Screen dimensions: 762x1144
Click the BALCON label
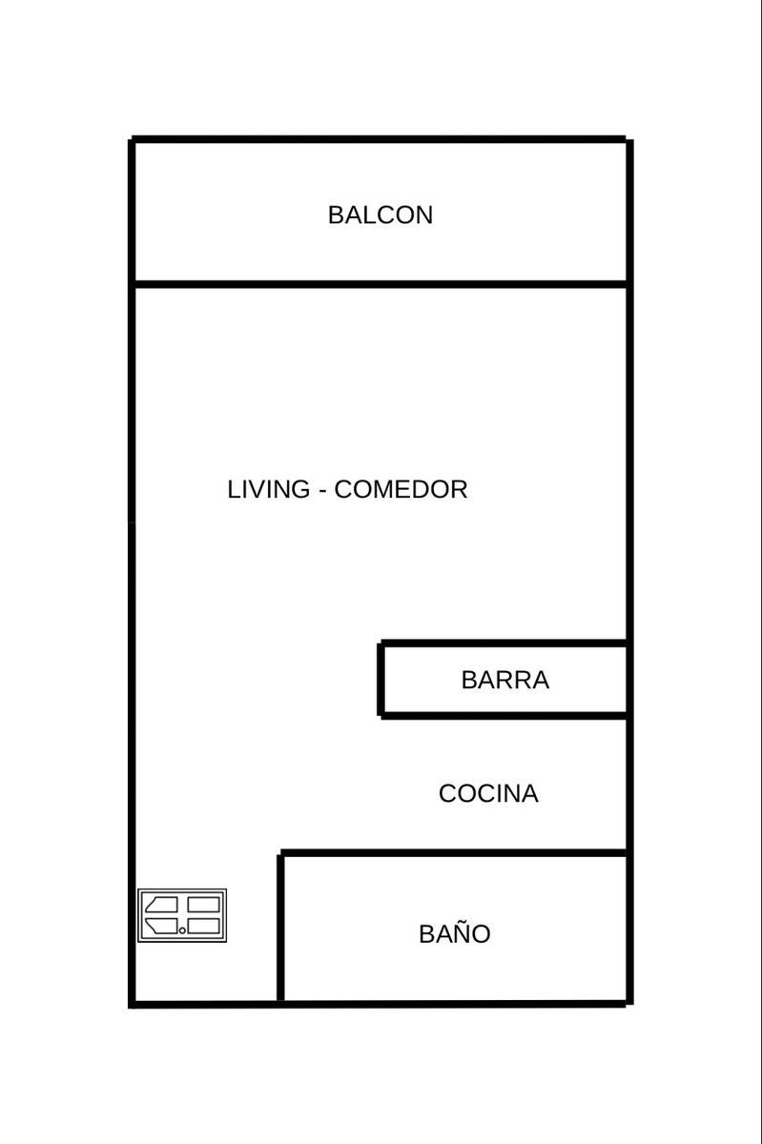381,215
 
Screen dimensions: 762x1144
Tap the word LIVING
268,489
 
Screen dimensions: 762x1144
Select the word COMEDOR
401,489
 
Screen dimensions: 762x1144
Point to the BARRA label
505,680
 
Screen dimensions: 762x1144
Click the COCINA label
488,793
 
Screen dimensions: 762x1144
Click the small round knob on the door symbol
182,930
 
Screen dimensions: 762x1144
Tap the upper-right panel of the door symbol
203,905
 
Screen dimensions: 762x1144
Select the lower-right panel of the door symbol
203,926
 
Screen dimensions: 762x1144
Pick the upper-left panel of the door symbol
162,905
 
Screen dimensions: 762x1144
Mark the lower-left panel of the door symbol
162,926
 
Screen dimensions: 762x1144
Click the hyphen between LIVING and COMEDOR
322,492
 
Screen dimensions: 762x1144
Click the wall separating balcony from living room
381,284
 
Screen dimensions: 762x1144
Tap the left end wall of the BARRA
381,680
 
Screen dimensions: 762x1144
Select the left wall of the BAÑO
280,928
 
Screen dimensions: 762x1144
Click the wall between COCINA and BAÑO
454,853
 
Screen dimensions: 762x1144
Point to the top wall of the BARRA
504,643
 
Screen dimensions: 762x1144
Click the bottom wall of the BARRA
504,716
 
